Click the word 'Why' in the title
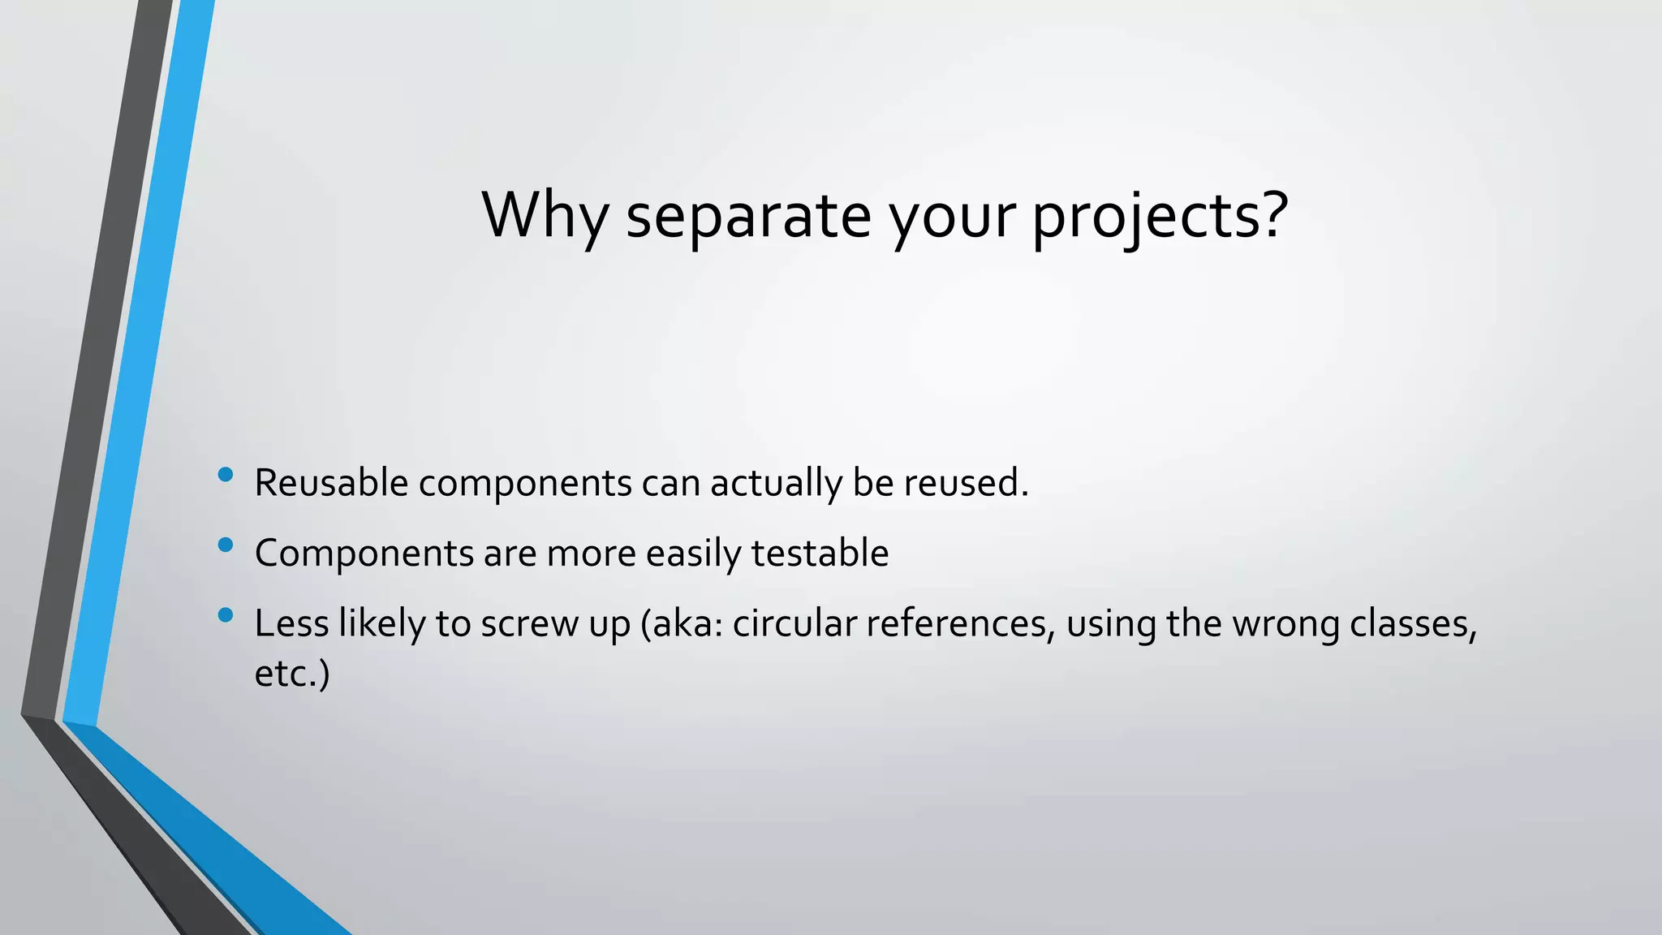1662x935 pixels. click(x=545, y=215)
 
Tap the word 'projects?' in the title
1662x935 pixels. click(x=1160, y=217)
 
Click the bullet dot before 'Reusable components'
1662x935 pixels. click(x=226, y=474)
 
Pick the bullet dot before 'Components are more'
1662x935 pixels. click(x=226, y=545)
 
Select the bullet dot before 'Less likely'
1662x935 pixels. click(x=226, y=615)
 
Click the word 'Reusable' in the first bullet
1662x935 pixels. click(x=331, y=483)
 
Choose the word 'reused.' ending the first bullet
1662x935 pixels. click(x=966, y=483)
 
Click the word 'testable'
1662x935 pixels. click(x=820, y=554)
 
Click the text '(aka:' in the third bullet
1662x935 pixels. click(x=681, y=624)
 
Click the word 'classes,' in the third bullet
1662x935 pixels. click(x=1413, y=624)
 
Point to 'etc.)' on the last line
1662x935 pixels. click(x=292, y=674)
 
